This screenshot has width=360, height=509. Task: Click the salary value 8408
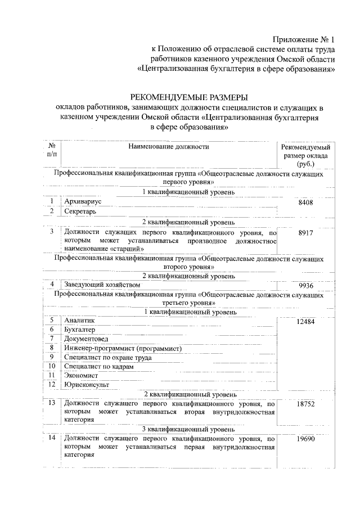(x=305, y=203)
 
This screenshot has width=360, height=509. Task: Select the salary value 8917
(x=305, y=231)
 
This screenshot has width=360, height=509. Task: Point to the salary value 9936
(x=305, y=285)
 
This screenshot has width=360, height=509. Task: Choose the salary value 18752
(x=305, y=403)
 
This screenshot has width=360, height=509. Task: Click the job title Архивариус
(x=84, y=201)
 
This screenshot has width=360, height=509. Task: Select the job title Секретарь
(x=80, y=211)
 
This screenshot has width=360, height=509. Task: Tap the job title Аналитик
(x=80, y=319)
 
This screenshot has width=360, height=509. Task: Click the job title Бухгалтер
(x=80, y=329)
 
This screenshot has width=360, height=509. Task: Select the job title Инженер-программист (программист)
(x=123, y=348)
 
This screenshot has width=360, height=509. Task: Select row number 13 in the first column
(x=51, y=403)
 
